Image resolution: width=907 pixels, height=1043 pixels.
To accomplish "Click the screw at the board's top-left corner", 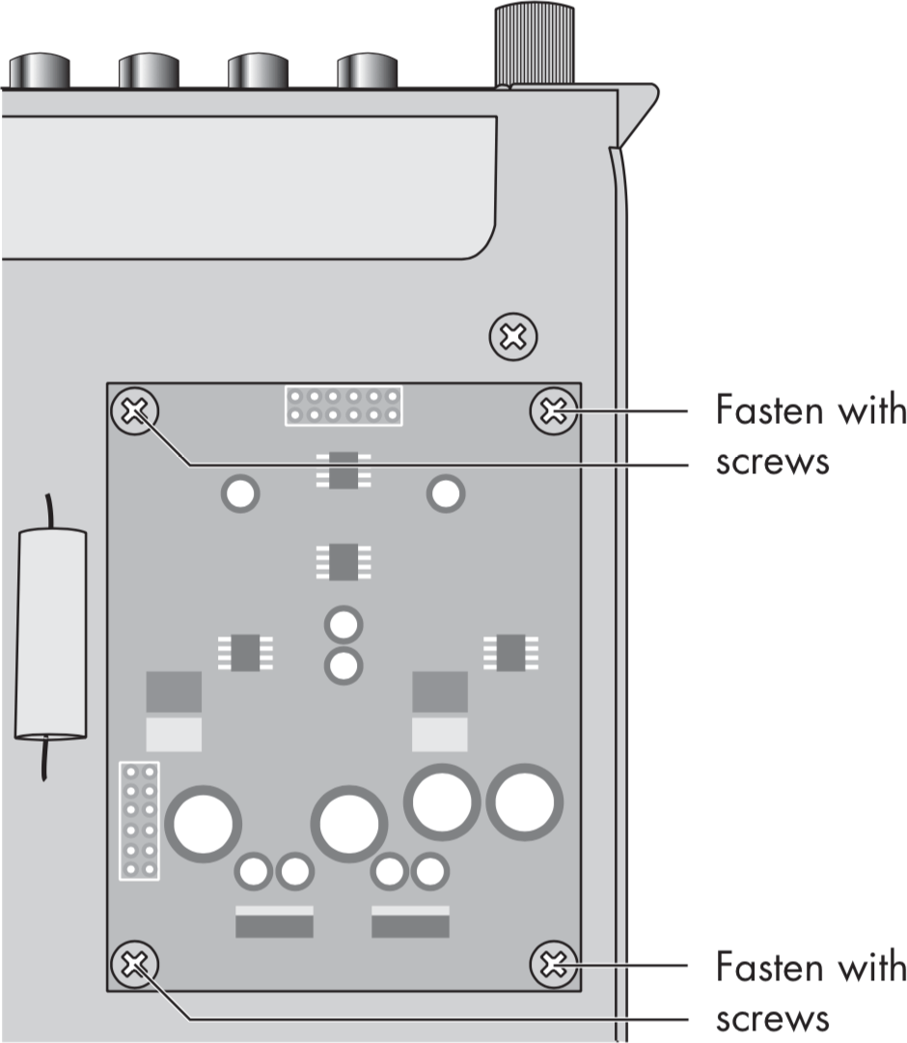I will click(135, 412).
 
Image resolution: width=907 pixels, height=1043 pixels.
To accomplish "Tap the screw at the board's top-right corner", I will click(553, 412).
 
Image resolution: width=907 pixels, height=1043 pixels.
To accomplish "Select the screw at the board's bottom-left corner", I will click(135, 963).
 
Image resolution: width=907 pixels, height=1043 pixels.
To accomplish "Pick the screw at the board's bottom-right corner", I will click(553, 963).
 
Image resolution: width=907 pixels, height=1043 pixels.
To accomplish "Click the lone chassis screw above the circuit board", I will click(513, 337).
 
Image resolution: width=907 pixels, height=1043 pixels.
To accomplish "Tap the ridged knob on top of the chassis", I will click(535, 44).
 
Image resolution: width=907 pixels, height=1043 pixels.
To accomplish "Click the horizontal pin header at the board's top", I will click(342, 406).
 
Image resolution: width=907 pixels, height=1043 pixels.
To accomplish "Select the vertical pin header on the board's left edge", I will click(139, 820).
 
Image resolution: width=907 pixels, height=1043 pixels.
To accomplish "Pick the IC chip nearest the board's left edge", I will click(245, 652).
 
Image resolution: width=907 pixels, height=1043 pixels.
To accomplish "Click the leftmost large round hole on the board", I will click(203, 823).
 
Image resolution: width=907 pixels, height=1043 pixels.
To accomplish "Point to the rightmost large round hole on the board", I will click(524, 801).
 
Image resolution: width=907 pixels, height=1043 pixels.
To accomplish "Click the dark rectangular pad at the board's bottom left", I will click(274, 926).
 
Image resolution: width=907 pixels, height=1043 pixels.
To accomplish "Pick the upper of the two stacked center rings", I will click(343, 625).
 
